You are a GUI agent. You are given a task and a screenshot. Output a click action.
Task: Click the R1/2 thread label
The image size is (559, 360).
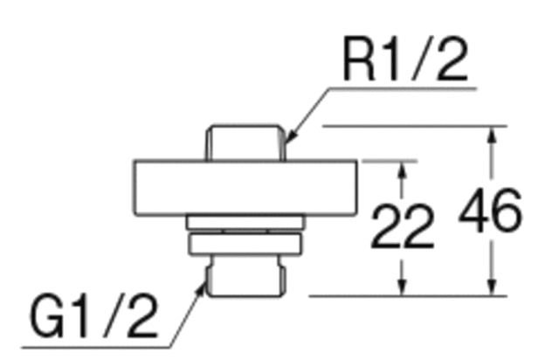tap(405, 59)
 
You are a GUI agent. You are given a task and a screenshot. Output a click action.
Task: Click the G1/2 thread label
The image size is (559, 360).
tap(93, 315)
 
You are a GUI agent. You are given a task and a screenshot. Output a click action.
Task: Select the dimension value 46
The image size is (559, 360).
tap(491, 211)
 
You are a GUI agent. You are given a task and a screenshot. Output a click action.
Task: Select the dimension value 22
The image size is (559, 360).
tap(403, 226)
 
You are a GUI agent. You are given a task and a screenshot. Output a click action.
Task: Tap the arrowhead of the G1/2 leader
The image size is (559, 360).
tap(202, 289)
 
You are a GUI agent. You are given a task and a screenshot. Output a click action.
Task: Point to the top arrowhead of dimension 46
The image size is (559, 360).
tap(492, 135)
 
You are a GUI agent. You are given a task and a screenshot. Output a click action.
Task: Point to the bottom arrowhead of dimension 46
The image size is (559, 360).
tap(492, 287)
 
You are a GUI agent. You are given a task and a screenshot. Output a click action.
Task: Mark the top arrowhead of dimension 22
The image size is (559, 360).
tap(402, 170)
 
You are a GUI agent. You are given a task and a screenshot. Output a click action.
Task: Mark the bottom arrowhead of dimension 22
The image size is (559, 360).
tap(402, 287)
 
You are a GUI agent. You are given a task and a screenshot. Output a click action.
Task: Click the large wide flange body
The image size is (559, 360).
tap(245, 188)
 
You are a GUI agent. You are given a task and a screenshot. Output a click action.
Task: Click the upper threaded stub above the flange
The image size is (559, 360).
tap(245, 142)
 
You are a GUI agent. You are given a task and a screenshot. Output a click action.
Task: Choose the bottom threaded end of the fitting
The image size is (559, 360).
tap(245, 276)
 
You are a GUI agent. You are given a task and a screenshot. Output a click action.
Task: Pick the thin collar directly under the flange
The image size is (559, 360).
tap(245, 222)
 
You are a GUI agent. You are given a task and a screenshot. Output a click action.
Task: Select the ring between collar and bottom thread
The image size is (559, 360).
tap(245, 244)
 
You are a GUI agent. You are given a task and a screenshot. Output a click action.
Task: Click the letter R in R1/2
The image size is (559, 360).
tap(359, 59)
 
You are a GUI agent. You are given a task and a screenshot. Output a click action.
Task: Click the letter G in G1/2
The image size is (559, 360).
tap(47, 315)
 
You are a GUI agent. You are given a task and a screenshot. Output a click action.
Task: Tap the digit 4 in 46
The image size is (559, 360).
tap(473, 211)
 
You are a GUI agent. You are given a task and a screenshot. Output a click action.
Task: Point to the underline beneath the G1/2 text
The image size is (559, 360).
tap(95, 347)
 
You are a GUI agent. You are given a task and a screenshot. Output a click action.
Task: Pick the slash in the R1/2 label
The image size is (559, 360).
tap(421, 59)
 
